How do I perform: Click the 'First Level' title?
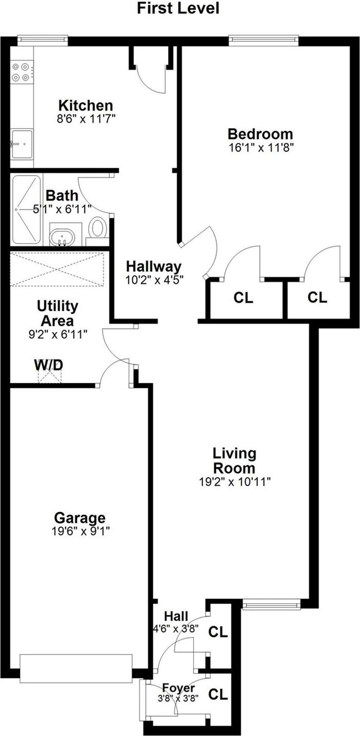point(178,8)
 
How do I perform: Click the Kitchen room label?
point(85,105)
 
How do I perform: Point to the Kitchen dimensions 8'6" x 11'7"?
point(85,118)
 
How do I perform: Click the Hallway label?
point(154,267)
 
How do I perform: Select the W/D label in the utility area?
point(49,365)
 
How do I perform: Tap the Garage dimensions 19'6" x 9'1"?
point(80,530)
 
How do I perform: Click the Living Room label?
point(234,461)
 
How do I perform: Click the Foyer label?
point(179,688)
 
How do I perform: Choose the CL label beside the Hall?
point(218,632)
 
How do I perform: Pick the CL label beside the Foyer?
point(218,695)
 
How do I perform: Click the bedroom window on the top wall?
point(264,39)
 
